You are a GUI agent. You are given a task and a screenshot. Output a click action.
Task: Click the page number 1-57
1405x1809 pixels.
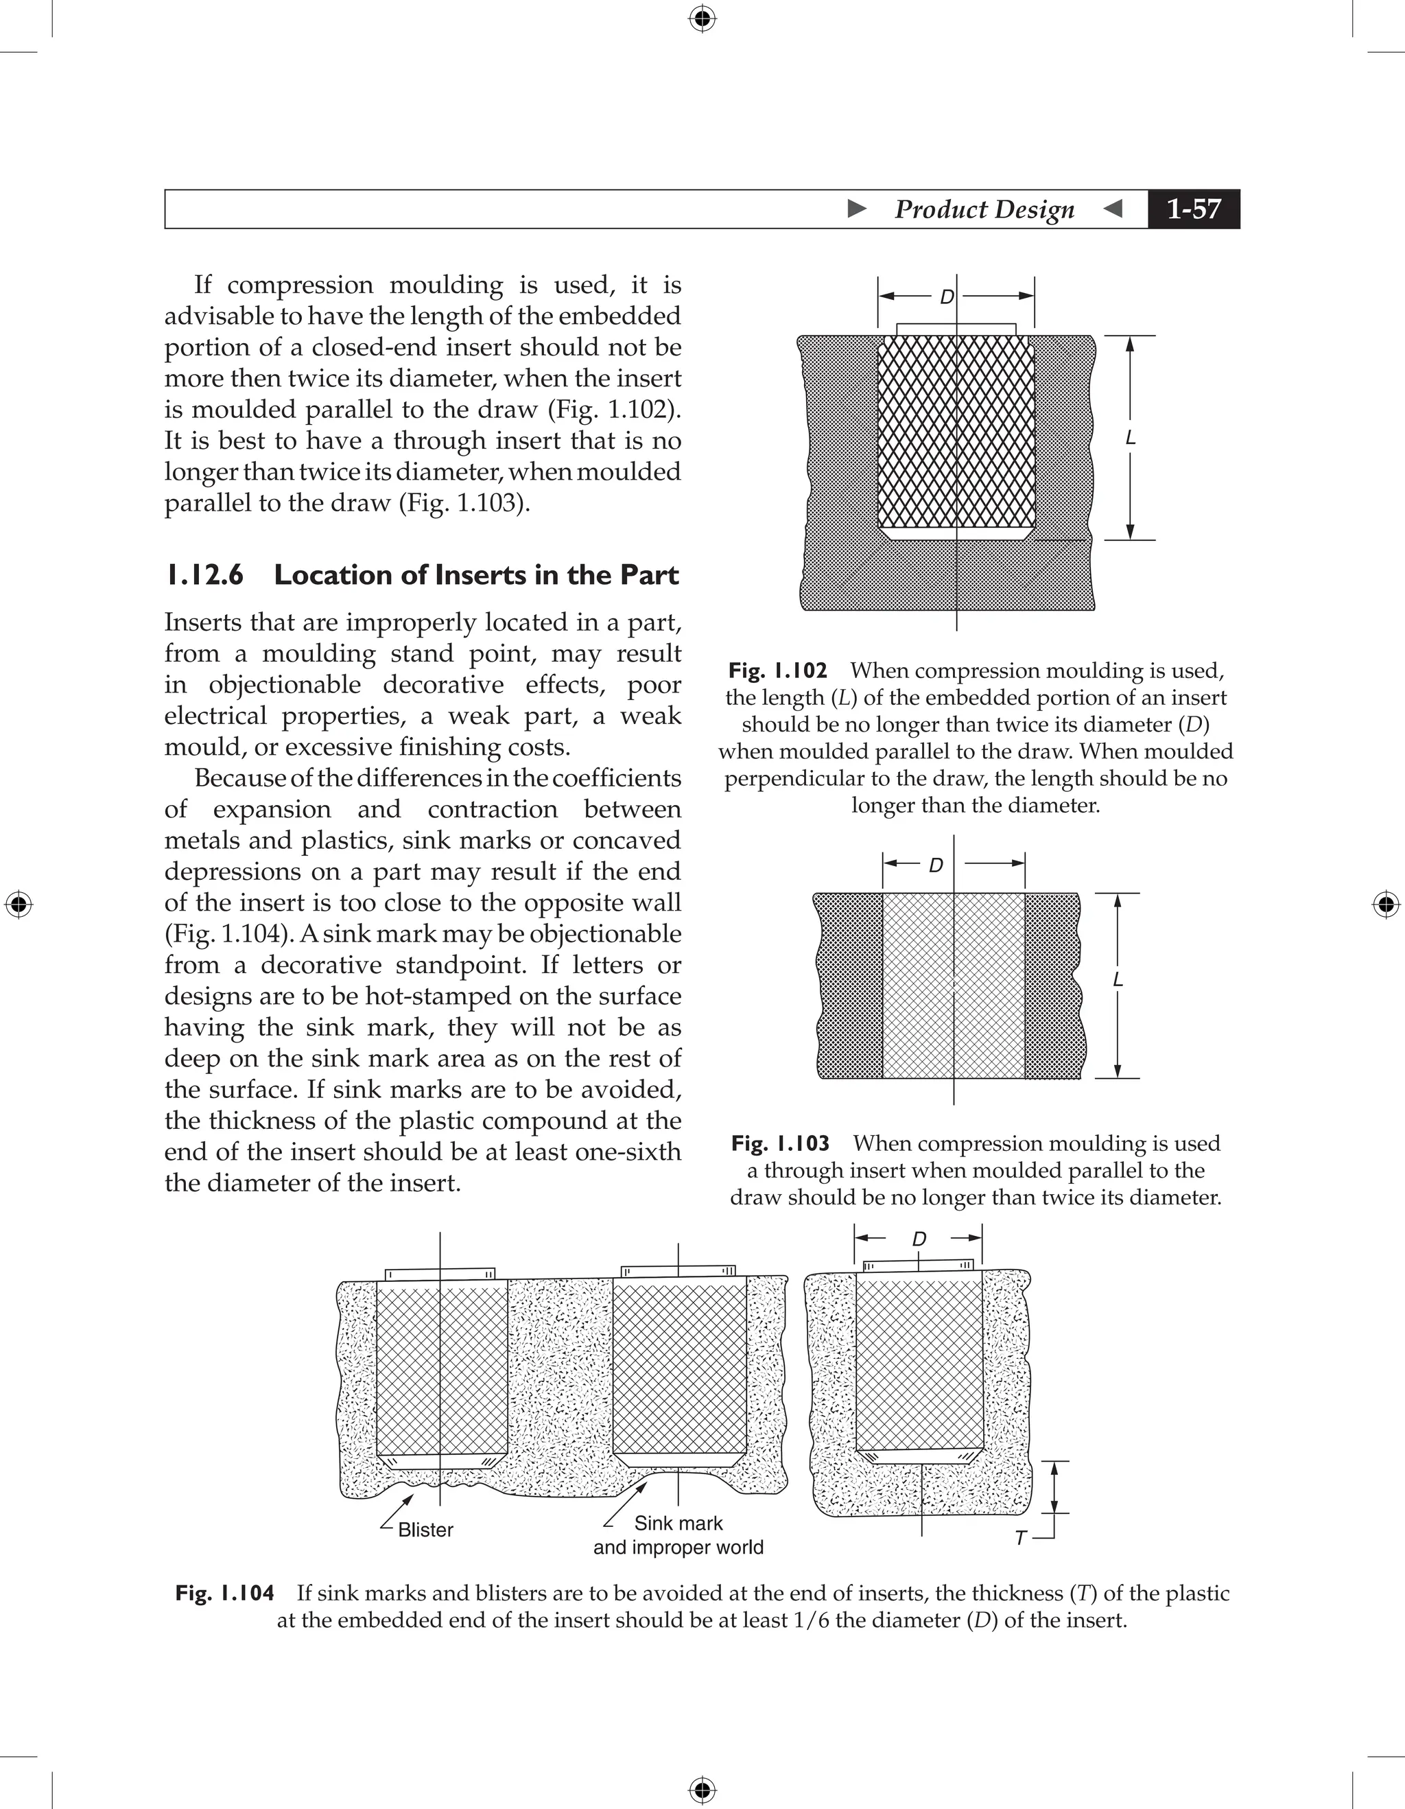(1193, 209)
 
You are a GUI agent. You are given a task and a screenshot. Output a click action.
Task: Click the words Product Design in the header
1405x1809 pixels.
(984, 209)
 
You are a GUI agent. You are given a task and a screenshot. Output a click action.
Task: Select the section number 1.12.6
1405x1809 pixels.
(204, 575)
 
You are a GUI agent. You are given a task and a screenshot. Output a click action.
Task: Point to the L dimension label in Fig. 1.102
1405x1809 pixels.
(1130, 438)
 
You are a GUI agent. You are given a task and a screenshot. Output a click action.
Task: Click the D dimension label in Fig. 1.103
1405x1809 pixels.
(936, 865)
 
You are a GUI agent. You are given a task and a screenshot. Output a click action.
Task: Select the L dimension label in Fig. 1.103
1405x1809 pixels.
(1118, 980)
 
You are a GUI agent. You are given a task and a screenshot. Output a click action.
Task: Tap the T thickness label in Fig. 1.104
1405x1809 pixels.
(1021, 1538)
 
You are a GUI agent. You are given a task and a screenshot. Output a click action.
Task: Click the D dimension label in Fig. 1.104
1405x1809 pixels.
(919, 1239)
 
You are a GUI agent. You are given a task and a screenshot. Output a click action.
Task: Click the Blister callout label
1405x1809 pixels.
(425, 1530)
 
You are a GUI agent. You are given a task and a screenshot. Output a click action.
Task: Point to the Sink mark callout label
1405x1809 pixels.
(678, 1524)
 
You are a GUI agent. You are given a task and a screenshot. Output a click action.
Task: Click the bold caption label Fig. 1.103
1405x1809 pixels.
(780, 1143)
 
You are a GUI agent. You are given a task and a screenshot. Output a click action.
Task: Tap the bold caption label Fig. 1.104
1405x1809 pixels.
(224, 1593)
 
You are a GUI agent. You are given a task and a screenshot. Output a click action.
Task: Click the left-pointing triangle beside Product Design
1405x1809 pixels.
(1113, 209)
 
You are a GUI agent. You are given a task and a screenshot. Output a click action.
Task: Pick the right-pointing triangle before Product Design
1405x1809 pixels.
(858, 209)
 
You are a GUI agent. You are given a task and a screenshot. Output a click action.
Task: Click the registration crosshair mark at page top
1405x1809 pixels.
(702, 17)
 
